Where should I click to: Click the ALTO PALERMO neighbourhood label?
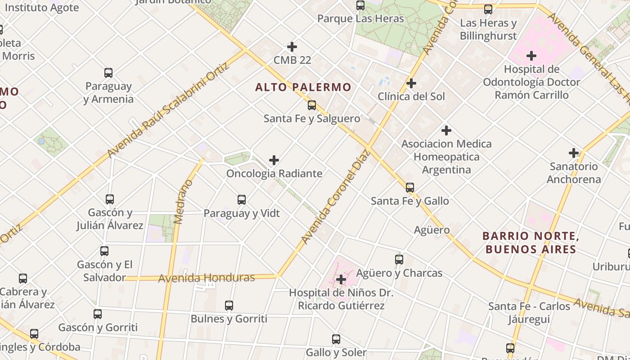(303, 87)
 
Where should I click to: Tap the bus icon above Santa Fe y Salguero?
(311, 105)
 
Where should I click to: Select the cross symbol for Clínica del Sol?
(411, 83)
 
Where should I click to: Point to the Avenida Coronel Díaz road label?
(335, 197)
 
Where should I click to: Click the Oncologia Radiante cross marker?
(274, 160)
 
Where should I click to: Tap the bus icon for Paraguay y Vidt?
(242, 199)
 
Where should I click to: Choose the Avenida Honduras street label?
(207, 278)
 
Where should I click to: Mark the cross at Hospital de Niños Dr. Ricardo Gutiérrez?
(341, 279)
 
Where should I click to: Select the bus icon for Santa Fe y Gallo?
(409, 187)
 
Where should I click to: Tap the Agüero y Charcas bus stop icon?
(399, 260)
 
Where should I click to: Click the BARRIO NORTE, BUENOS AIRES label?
(529, 243)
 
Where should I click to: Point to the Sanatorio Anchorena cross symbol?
(573, 153)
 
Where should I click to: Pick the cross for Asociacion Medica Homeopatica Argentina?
(446, 130)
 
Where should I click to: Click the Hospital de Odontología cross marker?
(531, 56)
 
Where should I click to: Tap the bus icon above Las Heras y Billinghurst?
(488, 9)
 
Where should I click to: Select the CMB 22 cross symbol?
(292, 47)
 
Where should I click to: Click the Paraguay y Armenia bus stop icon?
(108, 73)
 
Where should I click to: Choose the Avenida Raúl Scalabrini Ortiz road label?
(169, 111)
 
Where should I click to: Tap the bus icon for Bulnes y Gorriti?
(229, 306)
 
